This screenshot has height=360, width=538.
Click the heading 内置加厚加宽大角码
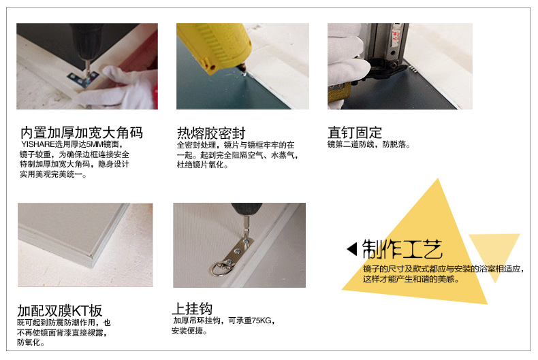81,133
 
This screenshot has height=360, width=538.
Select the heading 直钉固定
355,133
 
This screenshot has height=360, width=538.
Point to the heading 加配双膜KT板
60,311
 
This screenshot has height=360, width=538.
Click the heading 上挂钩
192,309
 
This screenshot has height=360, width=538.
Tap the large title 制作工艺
402,249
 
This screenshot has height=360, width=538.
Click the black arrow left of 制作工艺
352,249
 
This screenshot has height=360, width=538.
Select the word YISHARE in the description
38,144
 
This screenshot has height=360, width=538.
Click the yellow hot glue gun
212,46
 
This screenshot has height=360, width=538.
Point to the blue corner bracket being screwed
83,79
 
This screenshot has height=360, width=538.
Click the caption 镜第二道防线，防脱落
368,144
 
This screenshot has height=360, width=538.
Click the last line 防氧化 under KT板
31,342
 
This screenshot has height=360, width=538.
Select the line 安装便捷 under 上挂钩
189,331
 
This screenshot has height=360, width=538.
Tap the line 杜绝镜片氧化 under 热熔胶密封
202,165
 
